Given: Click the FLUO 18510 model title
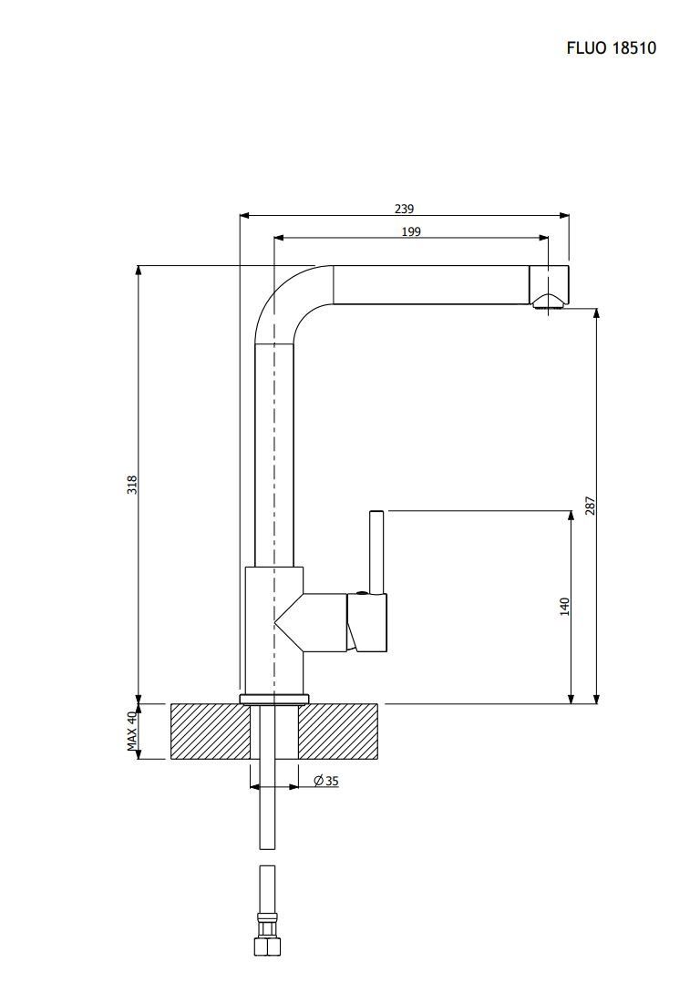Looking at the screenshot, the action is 611,48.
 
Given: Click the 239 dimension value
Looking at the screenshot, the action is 405,209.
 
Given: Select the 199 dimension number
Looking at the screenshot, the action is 411,231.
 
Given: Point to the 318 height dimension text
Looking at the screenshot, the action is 132,485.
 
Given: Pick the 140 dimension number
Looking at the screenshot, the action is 564,607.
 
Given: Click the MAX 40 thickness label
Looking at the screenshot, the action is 132,732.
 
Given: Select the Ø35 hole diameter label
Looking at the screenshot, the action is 326,781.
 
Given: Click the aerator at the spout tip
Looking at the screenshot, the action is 549,302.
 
